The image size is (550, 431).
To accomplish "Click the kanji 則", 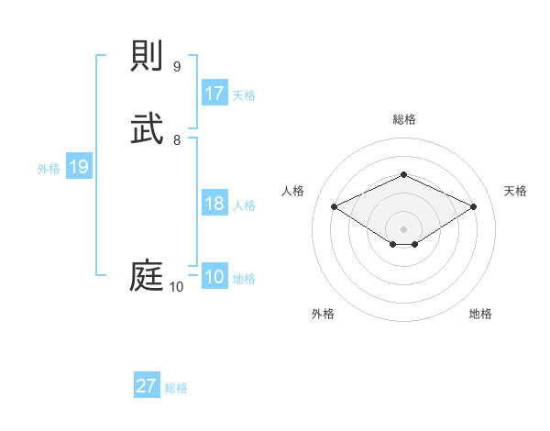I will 148,55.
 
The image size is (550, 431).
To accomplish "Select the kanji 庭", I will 148,276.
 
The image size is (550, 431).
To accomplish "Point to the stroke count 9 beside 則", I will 177,66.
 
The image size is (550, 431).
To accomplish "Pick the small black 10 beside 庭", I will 177,287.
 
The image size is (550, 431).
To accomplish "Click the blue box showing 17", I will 214,94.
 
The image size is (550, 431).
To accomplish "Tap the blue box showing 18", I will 214,204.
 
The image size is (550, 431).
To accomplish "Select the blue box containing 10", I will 214,278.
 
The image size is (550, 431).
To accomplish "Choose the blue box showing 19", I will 79,167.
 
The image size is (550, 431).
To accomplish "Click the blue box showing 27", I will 147,386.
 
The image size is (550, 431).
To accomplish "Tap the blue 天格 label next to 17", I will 244,95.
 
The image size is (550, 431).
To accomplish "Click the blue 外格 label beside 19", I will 49,169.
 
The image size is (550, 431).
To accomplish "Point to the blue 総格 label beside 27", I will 176,388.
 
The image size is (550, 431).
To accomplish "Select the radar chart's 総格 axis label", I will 403,119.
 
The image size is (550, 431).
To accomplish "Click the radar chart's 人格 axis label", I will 293,191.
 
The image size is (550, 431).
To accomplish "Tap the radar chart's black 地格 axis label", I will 480,314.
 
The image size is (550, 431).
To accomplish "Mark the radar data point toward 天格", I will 473,207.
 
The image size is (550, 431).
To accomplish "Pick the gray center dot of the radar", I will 403,228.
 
